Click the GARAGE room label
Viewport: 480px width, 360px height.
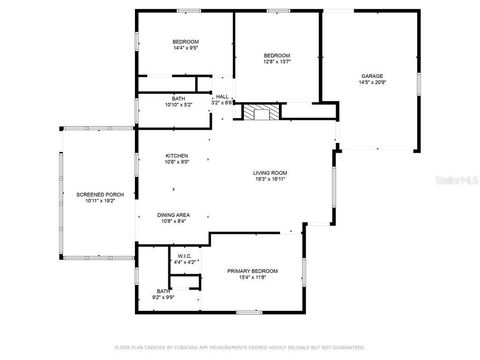click(372, 76)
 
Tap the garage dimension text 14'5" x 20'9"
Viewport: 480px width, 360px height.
click(372, 84)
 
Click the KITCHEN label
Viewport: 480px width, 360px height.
click(177, 155)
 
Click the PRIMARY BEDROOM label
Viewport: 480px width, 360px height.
click(252, 271)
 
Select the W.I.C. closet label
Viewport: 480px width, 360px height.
click(184, 255)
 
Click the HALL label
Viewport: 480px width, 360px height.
click(222, 96)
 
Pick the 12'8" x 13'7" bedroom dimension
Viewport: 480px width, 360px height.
click(276, 62)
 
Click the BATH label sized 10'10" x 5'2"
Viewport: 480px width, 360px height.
click(178, 104)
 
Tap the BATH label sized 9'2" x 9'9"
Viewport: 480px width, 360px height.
click(164, 297)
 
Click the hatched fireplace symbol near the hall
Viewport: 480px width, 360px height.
click(262, 112)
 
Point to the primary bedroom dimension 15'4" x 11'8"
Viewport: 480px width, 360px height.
click(252, 279)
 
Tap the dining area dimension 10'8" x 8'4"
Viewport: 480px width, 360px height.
click(174, 222)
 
